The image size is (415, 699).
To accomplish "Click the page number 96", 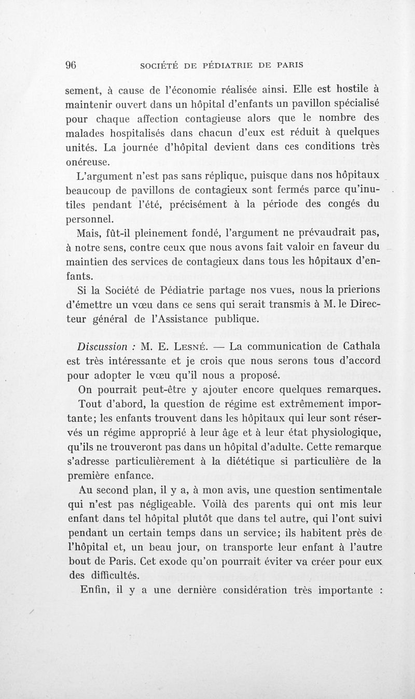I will tap(71, 65).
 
